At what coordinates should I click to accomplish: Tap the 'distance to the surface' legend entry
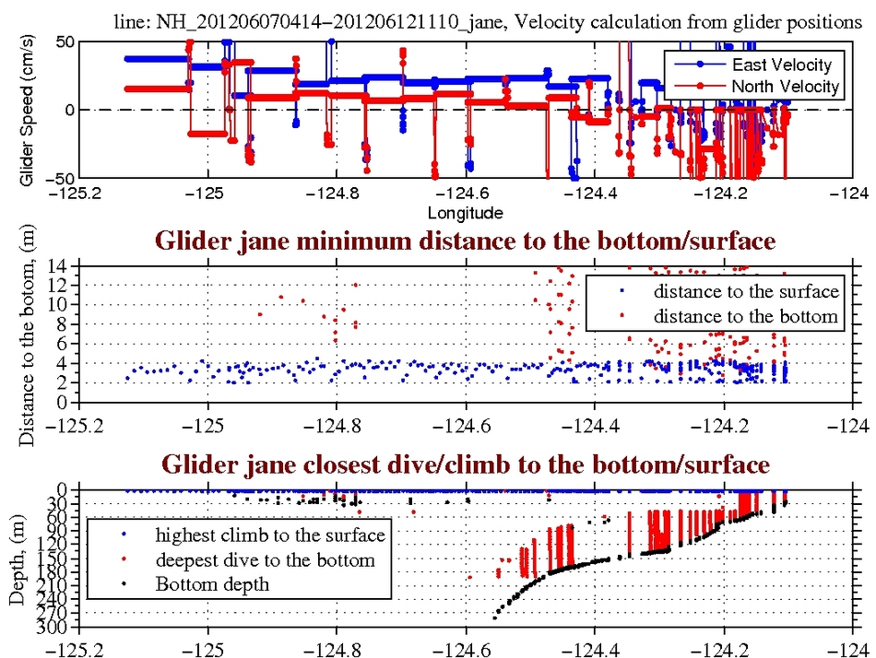(x=746, y=292)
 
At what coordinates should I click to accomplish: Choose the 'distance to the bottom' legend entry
(x=746, y=316)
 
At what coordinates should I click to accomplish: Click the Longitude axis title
(x=466, y=213)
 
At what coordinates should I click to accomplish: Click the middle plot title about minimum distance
(x=465, y=242)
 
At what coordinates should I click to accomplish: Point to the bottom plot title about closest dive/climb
(x=466, y=464)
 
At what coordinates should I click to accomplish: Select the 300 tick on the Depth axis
(x=58, y=629)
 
